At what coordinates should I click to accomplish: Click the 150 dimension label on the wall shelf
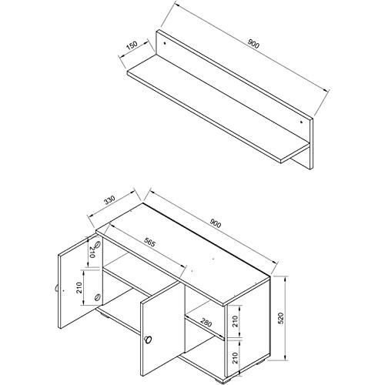click(132, 45)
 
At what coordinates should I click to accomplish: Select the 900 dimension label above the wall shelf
click(253, 44)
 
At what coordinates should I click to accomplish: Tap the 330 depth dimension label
click(110, 199)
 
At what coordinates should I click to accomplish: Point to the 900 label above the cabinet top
click(215, 223)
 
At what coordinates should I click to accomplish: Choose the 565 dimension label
click(149, 242)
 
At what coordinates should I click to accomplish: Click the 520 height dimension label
click(281, 318)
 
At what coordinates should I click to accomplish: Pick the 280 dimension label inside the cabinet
click(206, 323)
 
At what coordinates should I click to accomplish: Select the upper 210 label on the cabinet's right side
click(236, 321)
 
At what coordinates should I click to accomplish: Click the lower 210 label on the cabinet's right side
click(236, 357)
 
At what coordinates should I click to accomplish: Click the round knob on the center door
click(148, 340)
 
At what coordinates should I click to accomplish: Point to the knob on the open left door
click(56, 288)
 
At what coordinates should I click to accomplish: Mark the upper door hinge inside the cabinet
click(98, 245)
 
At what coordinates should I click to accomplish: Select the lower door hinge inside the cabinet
click(97, 297)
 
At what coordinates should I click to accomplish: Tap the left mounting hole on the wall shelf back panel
click(165, 43)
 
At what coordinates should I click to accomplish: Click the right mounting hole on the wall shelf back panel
click(301, 122)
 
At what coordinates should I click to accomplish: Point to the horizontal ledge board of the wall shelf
click(218, 109)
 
